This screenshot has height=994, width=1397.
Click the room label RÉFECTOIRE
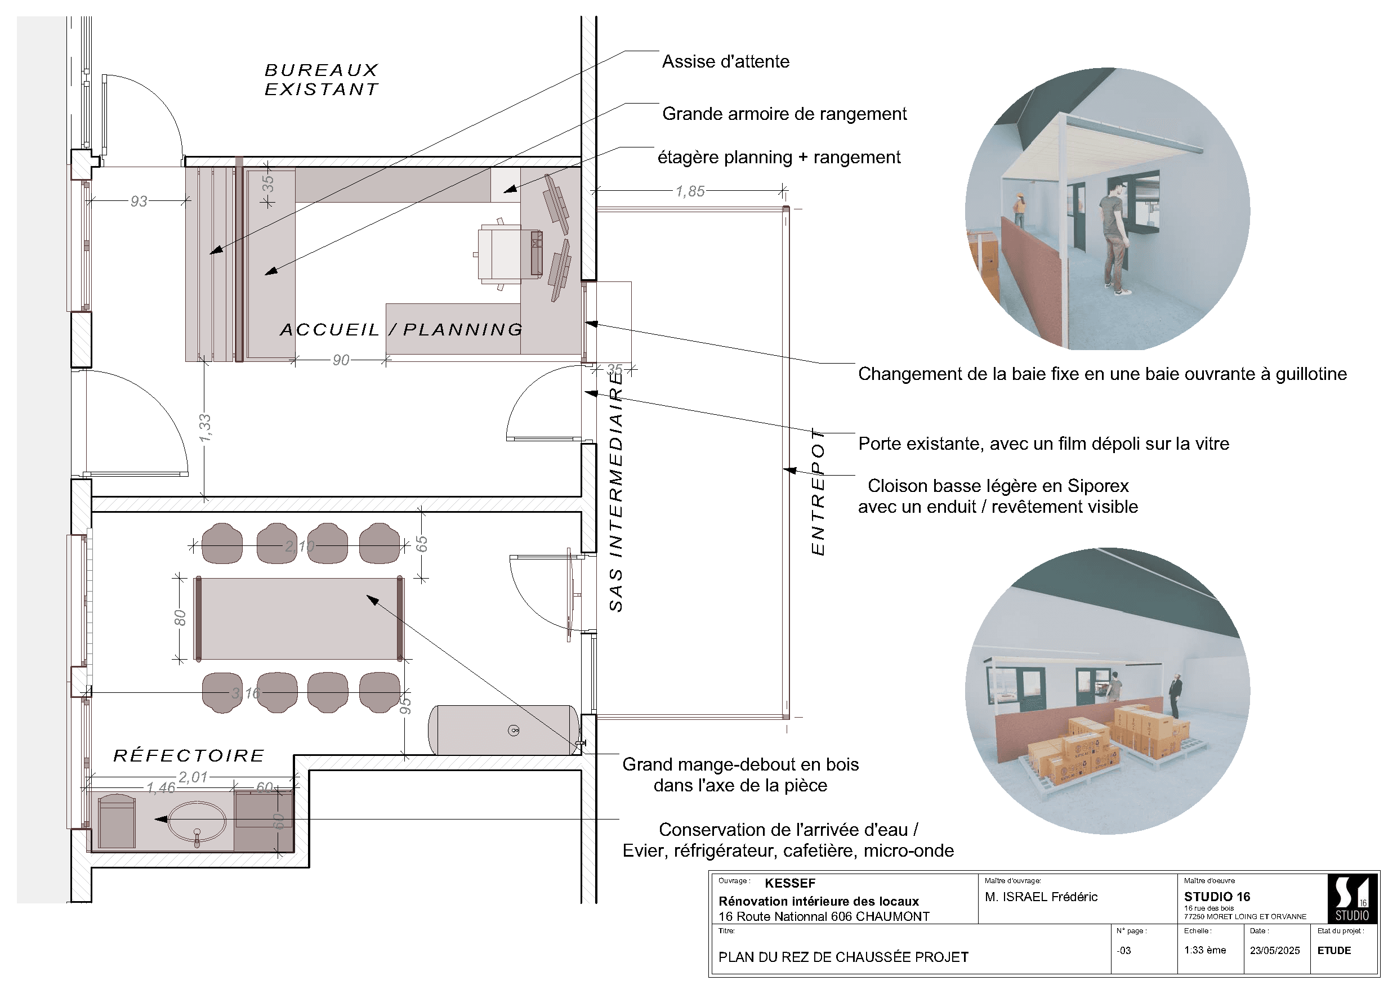[x=189, y=755]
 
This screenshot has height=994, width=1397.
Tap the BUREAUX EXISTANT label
[x=322, y=79]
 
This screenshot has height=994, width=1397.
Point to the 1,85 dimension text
[x=690, y=191]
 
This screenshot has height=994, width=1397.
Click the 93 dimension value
[x=139, y=201]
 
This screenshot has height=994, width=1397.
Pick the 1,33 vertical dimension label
[x=204, y=428]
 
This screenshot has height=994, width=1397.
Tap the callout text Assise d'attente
[x=725, y=61]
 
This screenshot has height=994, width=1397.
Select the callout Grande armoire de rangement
[x=784, y=114]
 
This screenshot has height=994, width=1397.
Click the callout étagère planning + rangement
[x=779, y=157]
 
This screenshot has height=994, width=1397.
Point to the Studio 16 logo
[x=1353, y=898]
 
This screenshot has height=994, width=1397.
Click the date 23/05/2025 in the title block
[x=1275, y=951]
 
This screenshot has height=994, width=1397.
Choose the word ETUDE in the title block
[x=1334, y=951]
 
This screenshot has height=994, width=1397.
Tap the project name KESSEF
[x=789, y=883]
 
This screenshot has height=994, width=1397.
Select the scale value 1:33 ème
[x=1205, y=950]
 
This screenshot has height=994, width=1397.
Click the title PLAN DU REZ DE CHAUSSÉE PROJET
[x=843, y=957]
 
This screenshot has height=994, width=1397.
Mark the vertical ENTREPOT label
[x=818, y=492]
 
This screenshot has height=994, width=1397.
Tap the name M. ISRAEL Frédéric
[x=1041, y=897]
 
